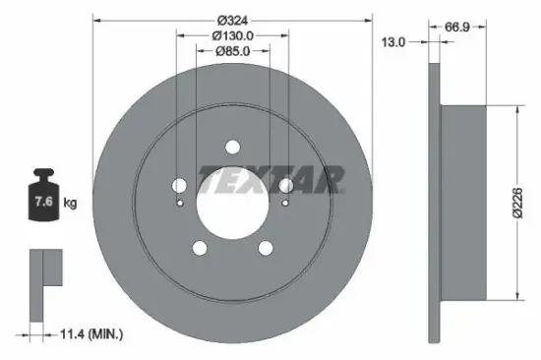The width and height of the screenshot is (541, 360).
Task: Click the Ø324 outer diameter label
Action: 232,21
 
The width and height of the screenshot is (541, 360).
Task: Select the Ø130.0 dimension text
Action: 233,35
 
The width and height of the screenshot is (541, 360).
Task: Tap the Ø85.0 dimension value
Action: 233,52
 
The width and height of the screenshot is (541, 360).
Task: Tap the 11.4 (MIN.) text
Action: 91,336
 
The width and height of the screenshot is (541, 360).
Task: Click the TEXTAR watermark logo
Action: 271,179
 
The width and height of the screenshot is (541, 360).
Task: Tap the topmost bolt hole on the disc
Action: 232,148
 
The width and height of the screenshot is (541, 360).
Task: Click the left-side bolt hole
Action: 179,186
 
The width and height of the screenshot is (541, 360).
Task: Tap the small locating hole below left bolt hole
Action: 180,204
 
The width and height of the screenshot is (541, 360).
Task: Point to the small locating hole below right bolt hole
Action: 284,204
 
